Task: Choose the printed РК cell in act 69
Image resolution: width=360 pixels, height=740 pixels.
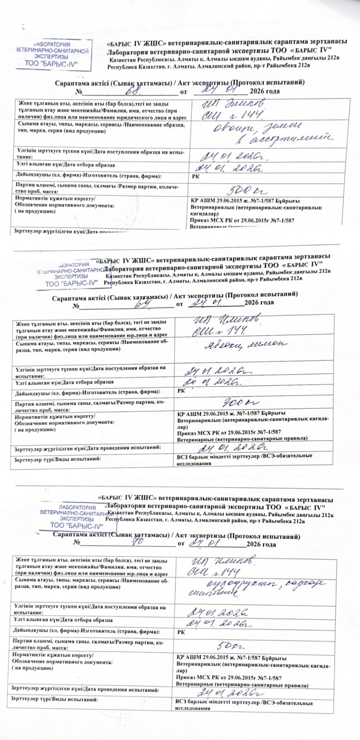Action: pos(181,391)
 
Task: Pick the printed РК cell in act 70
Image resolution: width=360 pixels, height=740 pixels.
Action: pos(181,632)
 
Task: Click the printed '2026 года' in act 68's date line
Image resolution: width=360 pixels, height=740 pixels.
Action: pos(264,91)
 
